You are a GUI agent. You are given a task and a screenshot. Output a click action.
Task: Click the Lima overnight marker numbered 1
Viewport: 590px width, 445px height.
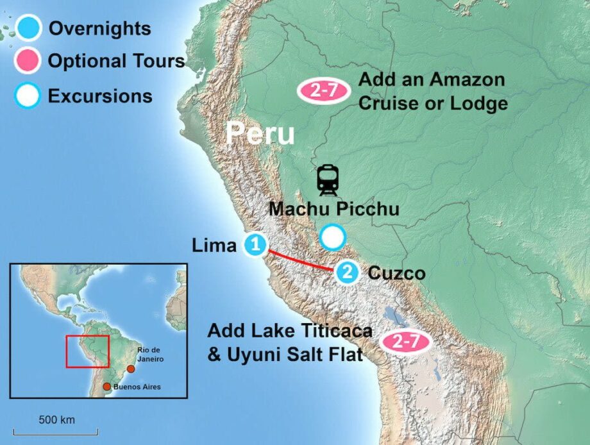pos(255,244)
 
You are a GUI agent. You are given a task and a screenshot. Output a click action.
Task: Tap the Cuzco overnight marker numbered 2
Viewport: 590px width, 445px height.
pos(347,273)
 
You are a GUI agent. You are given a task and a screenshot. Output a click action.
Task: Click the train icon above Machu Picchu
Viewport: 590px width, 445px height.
pos(328,180)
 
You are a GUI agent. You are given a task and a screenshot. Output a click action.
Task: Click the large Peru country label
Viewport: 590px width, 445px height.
pos(261,134)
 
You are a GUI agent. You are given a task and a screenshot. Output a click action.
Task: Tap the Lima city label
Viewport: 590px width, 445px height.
pos(214,245)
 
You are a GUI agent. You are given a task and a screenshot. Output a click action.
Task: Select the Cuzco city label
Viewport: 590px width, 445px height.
pos(396,273)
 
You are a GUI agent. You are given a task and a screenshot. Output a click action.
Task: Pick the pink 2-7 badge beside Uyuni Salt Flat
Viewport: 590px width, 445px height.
pos(405,342)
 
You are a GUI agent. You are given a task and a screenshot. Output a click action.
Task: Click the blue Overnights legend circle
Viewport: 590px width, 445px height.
pos(28,29)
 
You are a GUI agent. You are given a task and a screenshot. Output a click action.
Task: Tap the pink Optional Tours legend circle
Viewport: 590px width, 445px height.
pos(28,62)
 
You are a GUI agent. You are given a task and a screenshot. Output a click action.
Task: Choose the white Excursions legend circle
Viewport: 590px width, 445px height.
pos(28,96)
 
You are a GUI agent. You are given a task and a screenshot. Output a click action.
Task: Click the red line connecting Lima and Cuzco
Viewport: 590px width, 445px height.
pos(301,260)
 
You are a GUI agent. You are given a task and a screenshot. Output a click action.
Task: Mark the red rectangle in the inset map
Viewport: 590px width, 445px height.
pos(88,351)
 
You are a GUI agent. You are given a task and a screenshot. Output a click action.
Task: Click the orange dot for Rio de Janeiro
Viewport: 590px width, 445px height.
pos(131,369)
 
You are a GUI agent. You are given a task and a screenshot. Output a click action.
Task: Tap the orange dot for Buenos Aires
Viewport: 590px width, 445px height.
pos(106,387)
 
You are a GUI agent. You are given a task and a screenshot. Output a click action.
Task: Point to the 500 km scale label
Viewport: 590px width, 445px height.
pos(56,420)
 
